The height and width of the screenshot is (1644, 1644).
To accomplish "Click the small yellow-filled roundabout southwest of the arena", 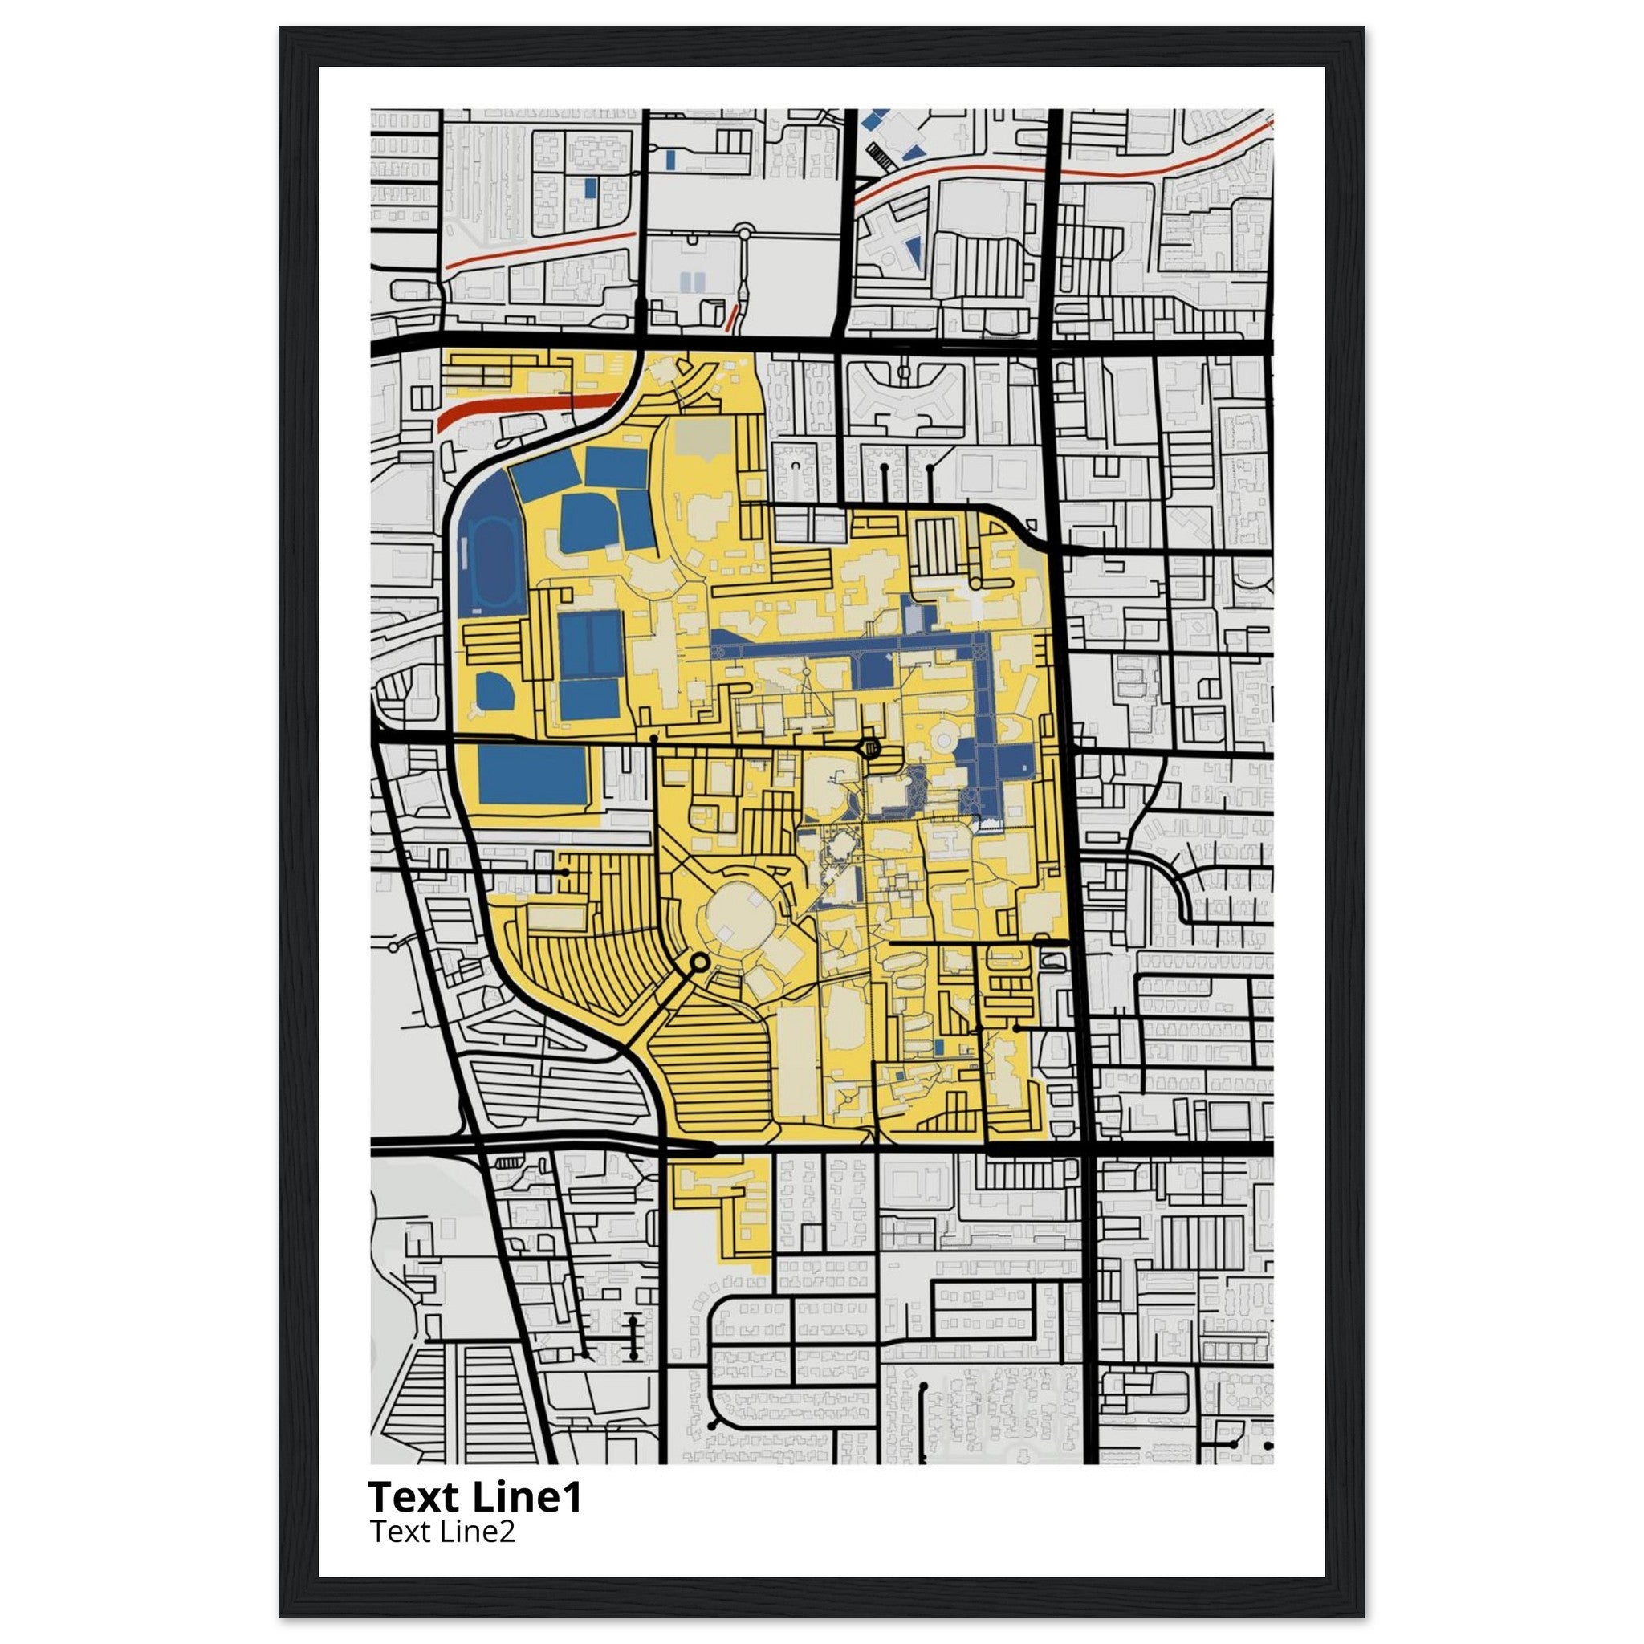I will (699, 962).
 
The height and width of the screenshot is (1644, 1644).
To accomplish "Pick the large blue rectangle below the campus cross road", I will (533, 775).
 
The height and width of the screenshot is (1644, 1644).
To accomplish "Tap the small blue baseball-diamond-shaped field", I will (494, 691).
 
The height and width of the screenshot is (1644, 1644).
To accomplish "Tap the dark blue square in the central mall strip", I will (873, 672).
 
